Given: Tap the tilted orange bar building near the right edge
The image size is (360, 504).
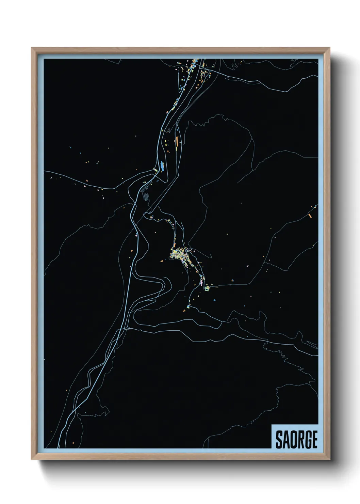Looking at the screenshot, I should pos(310,215).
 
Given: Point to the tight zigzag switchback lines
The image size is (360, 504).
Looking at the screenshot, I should pos(146,196).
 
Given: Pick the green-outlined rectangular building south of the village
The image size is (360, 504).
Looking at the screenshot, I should pos(207,288).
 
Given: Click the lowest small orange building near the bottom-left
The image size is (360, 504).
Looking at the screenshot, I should pos(73,442).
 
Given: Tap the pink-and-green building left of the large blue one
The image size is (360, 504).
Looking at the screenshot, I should pos(156,169).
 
